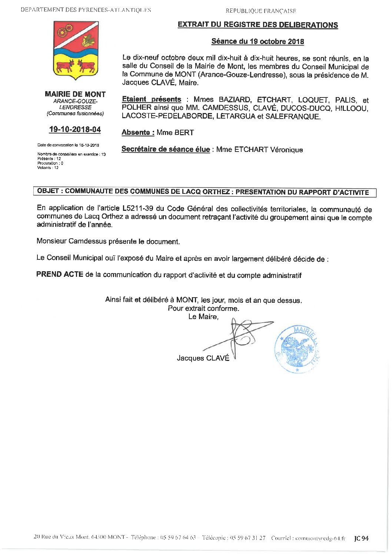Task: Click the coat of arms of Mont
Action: point(76,50)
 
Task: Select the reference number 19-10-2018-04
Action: point(75,130)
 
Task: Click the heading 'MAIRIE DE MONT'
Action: point(75,94)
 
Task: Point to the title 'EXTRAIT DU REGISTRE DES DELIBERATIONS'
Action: point(258,25)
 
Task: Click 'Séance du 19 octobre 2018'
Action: point(258,42)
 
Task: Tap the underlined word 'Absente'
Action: point(136,133)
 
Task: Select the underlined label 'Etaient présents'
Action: point(152,100)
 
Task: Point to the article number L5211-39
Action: point(137,208)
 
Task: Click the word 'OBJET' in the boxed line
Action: point(49,192)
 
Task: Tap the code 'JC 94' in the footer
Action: point(361,538)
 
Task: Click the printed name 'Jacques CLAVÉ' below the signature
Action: point(203,358)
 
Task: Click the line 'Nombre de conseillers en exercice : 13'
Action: point(72,154)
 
